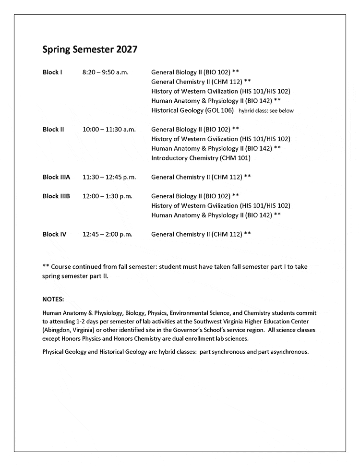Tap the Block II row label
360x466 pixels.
53,130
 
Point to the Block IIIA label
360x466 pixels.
56,177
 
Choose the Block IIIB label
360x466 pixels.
56,196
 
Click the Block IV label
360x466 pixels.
54,234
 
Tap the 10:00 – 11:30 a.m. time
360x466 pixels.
109,130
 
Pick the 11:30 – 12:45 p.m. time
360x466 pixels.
109,177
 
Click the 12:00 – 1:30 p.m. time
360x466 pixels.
107,196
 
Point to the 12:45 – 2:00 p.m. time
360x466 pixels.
107,234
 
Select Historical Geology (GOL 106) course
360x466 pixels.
192,110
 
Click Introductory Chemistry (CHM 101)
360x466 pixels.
201,158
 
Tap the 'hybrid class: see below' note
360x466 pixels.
266,111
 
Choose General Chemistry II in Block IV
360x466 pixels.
201,234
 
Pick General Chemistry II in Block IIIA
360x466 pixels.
201,177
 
